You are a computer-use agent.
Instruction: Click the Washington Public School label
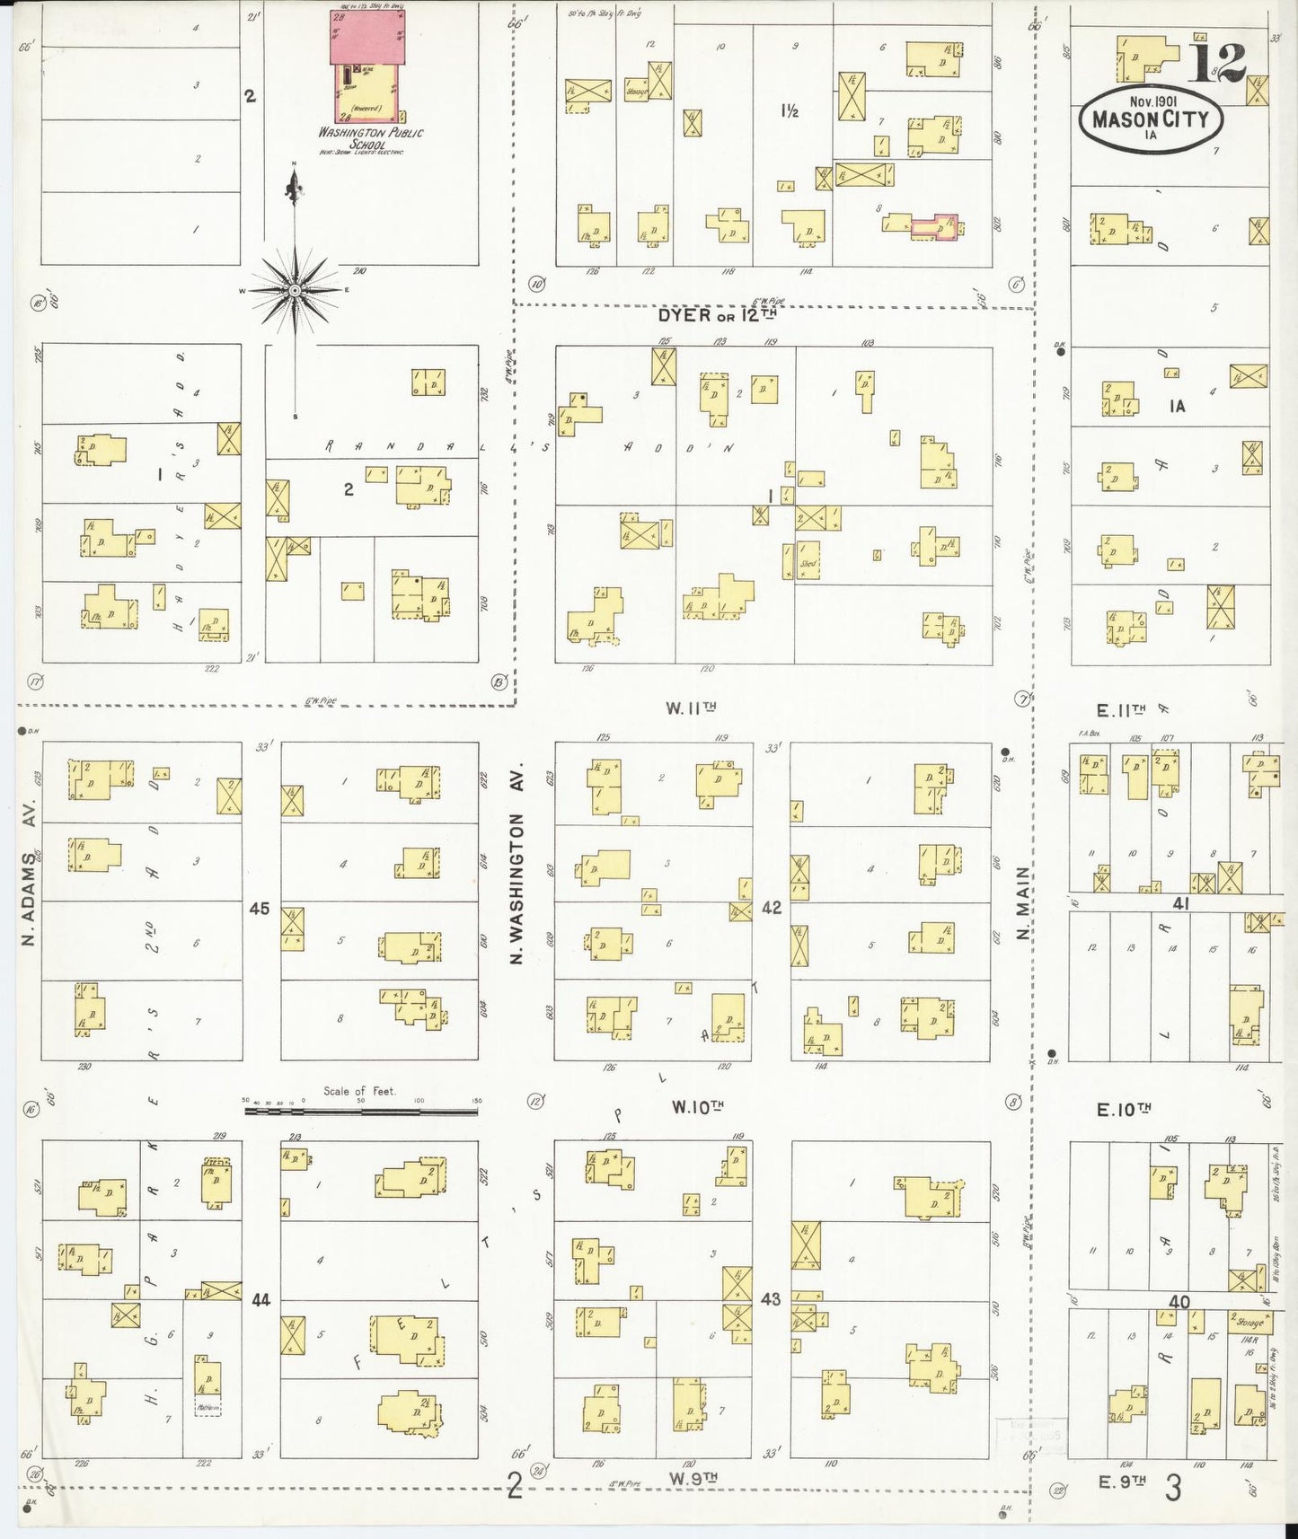pyautogui.click(x=370, y=138)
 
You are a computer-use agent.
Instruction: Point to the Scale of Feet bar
pyautogui.click(x=363, y=1111)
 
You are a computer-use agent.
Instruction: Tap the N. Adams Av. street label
pyautogui.click(x=29, y=898)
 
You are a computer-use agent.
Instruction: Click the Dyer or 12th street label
pyautogui.click(x=716, y=315)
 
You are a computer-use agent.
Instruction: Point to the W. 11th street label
pyautogui.click(x=691, y=708)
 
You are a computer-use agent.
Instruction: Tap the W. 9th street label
pyautogui.click(x=693, y=1477)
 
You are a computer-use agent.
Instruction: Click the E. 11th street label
pyautogui.click(x=1120, y=710)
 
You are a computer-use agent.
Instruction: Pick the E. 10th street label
pyautogui.click(x=1124, y=1109)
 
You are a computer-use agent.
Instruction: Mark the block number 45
pyautogui.click(x=260, y=909)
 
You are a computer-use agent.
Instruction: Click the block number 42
pyautogui.click(x=771, y=908)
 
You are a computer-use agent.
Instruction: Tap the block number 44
pyautogui.click(x=261, y=1299)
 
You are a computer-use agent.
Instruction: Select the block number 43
pyautogui.click(x=771, y=1299)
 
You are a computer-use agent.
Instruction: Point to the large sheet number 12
pyautogui.click(x=1218, y=61)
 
